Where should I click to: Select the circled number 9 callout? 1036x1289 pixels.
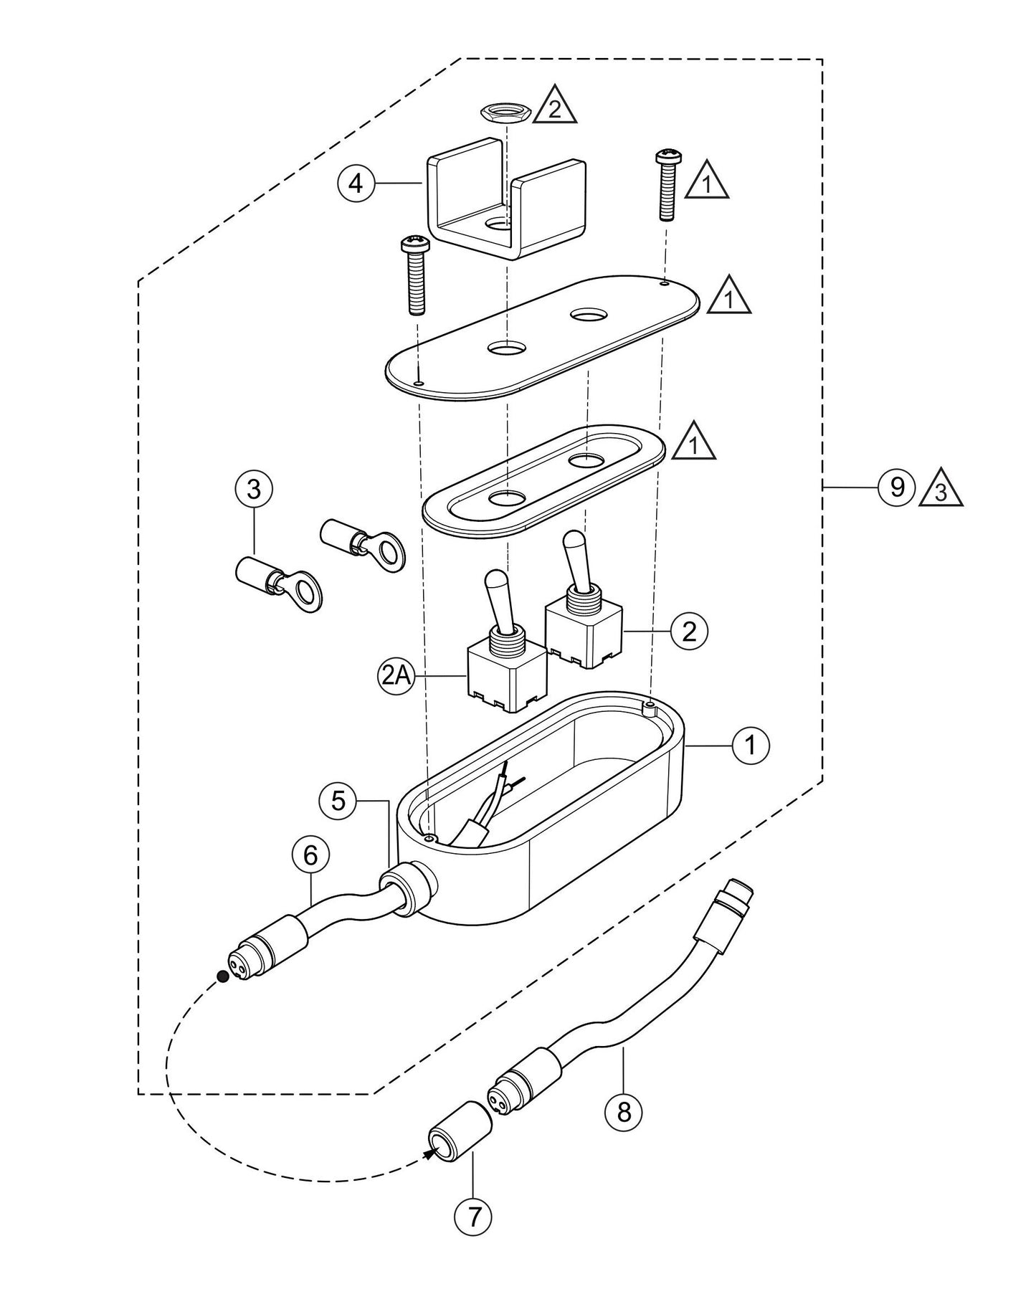[x=897, y=487]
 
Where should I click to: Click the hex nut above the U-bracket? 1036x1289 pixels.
[x=505, y=112]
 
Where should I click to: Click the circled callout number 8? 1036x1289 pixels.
[x=624, y=1112]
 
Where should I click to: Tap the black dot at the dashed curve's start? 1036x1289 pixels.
[x=223, y=976]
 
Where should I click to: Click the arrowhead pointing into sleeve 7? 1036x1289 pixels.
[x=431, y=1153]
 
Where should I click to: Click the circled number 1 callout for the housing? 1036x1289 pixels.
[x=751, y=746]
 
